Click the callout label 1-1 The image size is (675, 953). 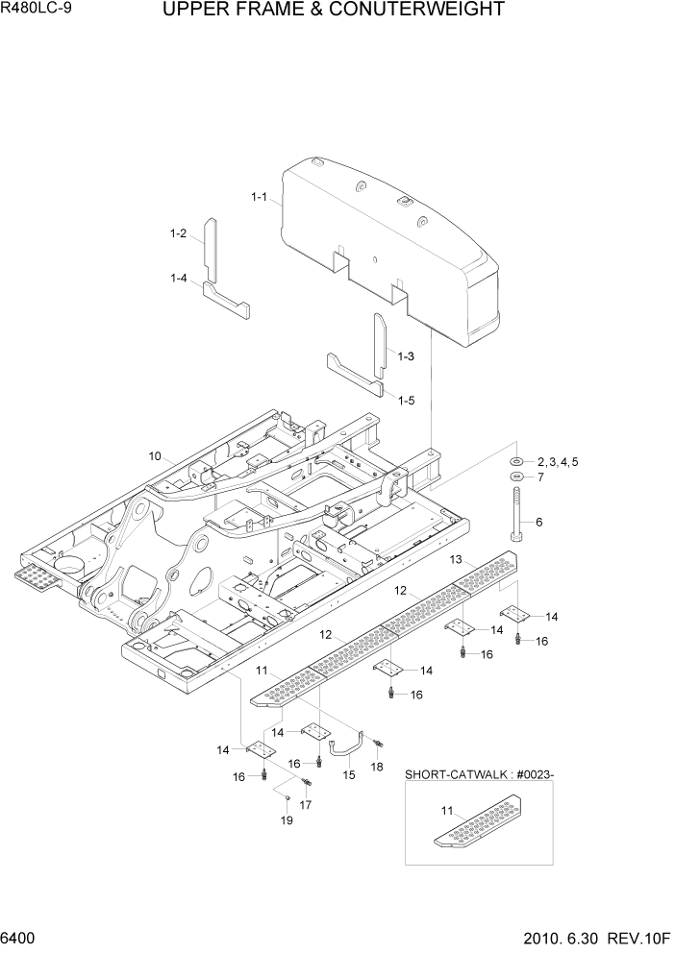258,197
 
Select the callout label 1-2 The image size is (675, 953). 177,233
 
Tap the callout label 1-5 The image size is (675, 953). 405,400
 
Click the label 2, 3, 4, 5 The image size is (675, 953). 558,462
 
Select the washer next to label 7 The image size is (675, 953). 516,476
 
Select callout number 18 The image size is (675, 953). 377,767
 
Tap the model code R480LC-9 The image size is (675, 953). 41,11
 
